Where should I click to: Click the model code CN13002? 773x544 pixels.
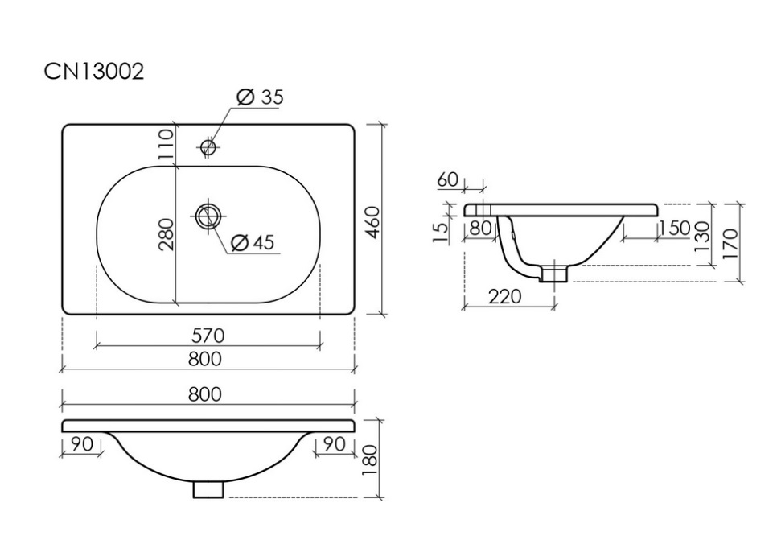(x=93, y=72)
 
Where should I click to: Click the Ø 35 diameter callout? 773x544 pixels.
(x=260, y=97)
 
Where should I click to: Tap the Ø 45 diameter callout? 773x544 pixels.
(x=253, y=242)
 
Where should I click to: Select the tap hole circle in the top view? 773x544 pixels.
(x=208, y=146)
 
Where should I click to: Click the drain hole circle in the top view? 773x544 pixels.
(x=209, y=216)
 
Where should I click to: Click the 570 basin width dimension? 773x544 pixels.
(x=208, y=336)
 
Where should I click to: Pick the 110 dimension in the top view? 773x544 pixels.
(x=167, y=143)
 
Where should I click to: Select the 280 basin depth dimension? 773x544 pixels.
(x=167, y=234)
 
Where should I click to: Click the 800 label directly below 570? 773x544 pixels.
(x=205, y=359)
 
